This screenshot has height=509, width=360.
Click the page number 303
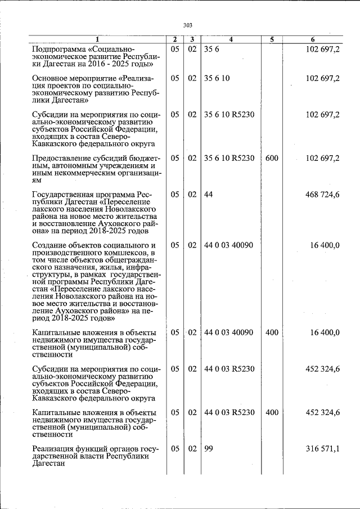(187, 25)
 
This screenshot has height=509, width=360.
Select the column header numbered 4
(231, 39)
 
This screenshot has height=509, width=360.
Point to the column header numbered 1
(97, 39)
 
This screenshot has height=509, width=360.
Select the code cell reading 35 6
(211, 49)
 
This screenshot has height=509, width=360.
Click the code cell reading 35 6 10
(217, 78)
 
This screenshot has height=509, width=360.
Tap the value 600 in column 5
(272, 158)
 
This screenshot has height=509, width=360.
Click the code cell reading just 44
(209, 194)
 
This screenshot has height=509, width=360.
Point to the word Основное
(52, 78)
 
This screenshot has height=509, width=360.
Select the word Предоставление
(67, 158)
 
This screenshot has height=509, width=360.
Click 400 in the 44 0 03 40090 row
(272, 332)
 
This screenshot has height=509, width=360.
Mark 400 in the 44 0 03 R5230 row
(272, 412)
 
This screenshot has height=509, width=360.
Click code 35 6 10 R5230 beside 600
(229, 158)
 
